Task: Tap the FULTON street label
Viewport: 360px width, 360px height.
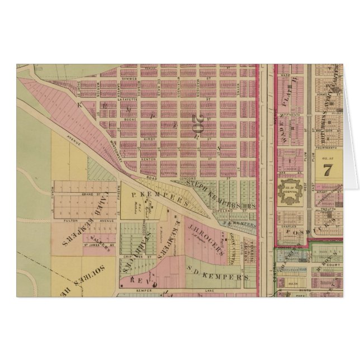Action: point(70,221)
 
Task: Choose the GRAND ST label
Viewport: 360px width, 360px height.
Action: point(88,194)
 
